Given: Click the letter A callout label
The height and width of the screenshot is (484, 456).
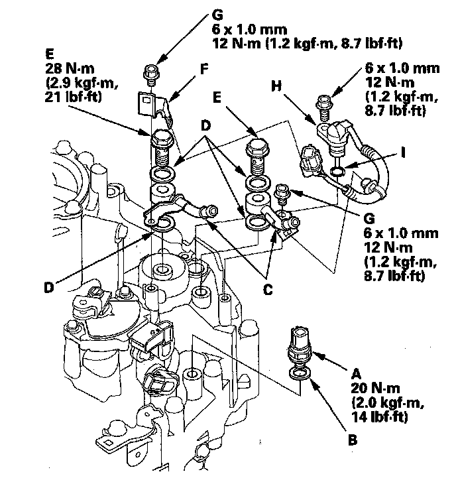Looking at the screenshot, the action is coord(356,374).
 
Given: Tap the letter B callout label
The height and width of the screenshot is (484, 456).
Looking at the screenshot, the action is coord(353,440).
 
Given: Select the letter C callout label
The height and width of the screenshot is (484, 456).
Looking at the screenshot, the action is coord(268,290).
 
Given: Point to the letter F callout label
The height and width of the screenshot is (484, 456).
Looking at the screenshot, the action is coord(204,69).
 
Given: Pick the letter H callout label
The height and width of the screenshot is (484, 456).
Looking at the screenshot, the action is coord(276,86).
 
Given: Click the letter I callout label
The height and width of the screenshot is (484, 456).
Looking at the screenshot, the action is coord(403,152).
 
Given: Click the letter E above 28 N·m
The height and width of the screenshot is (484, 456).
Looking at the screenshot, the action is coord(49,54).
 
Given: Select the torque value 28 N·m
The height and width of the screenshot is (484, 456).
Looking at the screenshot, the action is coord(70,68).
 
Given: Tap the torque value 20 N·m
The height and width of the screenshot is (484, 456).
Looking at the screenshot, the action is coord(375,388).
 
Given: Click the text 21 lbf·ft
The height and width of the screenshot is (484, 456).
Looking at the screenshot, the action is coord(73,97).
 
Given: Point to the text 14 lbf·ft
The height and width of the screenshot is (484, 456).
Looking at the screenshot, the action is coord(380,417).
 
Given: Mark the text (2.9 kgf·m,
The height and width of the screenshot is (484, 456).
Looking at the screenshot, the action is coord(82,83).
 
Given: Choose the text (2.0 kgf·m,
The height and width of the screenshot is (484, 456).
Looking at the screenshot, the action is coord(388,402).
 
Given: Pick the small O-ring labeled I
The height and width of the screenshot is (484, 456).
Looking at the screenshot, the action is coord(337,170).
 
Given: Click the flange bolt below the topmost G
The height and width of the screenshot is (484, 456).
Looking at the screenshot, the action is coord(151,75).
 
